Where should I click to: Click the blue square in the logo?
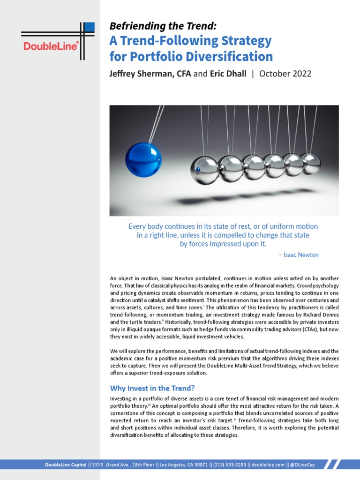click(x=89, y=28)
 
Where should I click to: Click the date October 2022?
click(x=285, y=74)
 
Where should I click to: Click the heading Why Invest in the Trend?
click(x=152, y=388)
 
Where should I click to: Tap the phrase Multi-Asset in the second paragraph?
click(x=232, y=366)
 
